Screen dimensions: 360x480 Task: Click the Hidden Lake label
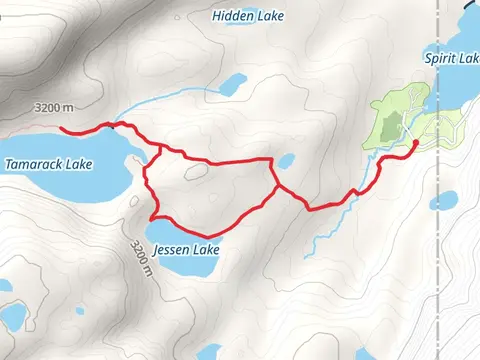coord(245,16)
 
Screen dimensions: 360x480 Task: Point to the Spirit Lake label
coord(452,59)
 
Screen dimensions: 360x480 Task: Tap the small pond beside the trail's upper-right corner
coord(286,160)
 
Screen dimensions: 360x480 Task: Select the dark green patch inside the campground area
coord(393,125)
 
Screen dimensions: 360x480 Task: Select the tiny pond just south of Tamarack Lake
coord(135,201)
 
